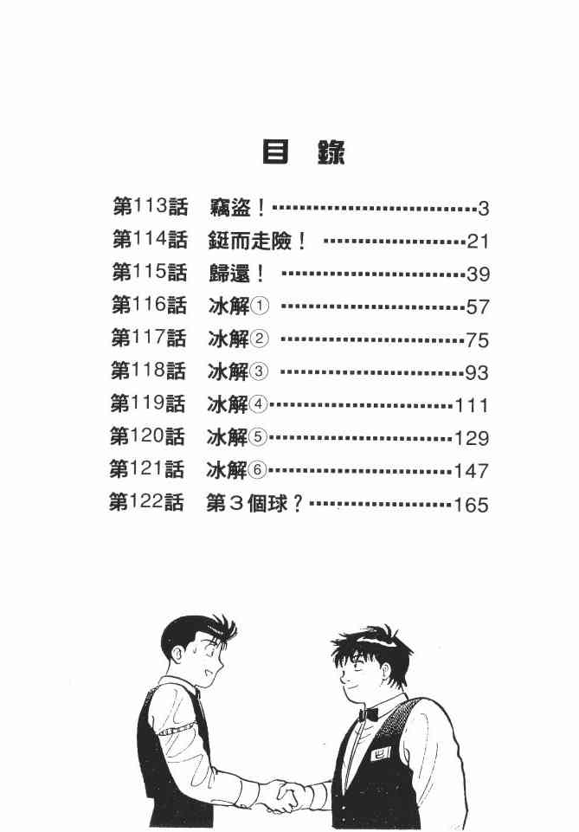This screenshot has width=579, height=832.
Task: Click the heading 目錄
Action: point(303,152)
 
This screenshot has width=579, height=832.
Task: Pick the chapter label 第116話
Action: point(149,306)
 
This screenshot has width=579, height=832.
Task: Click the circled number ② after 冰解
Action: point(261,339)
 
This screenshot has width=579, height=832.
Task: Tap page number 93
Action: point(477,373)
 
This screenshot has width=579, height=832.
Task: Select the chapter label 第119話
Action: point(148,404)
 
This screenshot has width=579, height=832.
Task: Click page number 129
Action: point(472,438)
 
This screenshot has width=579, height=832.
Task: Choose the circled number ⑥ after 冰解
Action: point(259,471)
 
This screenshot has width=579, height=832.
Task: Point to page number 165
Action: point(471,505)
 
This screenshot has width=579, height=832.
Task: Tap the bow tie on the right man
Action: point(370,715)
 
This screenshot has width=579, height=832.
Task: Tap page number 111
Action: point(472,405)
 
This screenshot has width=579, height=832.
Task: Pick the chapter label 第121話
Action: point(147,470)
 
